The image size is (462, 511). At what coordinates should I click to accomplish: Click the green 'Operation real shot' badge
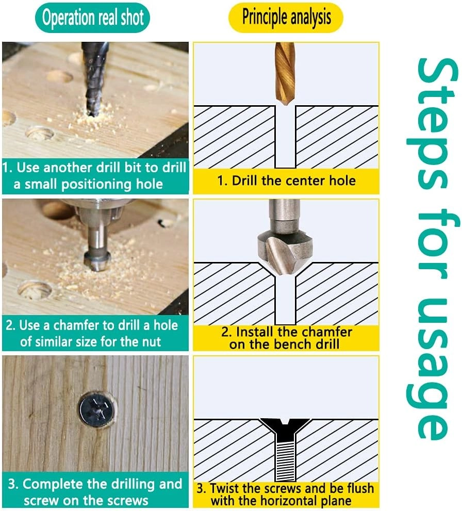click(92, 18)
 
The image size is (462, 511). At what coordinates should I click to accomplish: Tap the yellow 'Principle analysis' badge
click(286, 17)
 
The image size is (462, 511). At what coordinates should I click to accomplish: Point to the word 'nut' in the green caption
click(151, 342)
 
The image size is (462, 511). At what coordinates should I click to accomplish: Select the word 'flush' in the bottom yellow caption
click(360, 488)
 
